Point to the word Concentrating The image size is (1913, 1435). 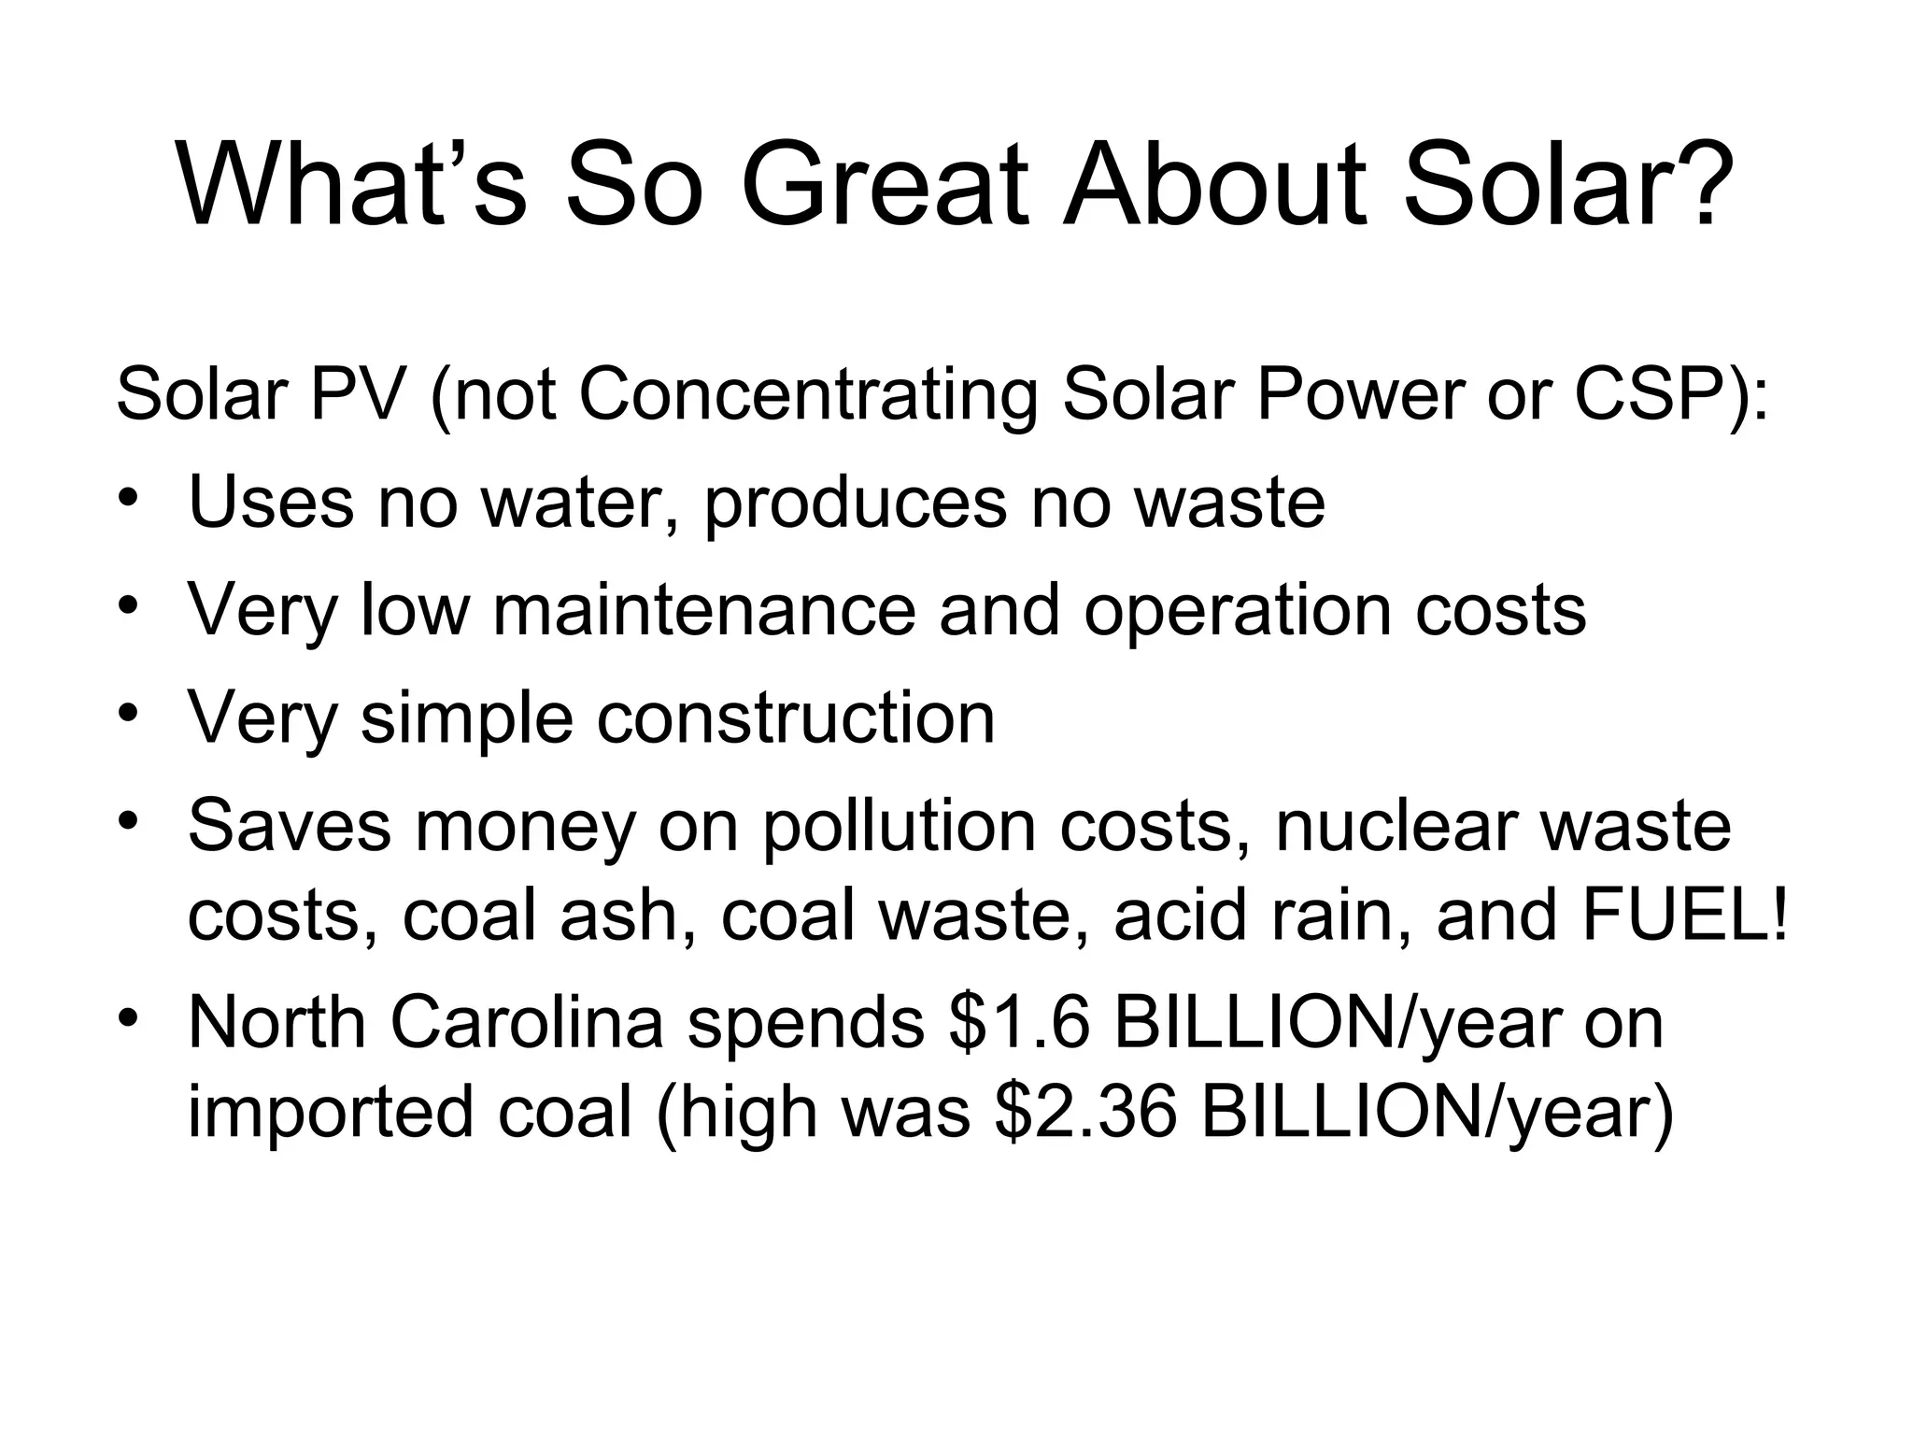(x=808, y=394)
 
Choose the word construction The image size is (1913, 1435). (x=796, y=717)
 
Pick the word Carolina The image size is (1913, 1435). (x=527, y=1023)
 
